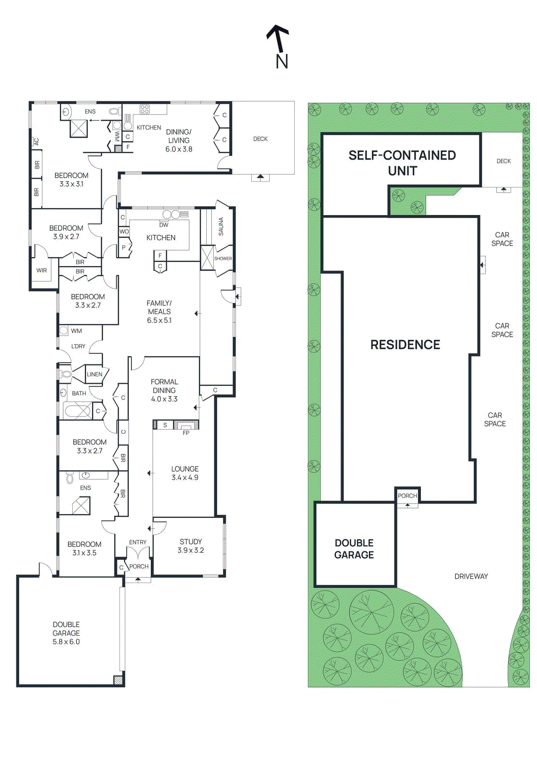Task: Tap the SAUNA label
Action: tap(221, 226)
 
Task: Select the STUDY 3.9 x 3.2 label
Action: tap(191, 546)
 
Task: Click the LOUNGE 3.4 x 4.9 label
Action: tap(185, 473)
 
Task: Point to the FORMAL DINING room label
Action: tap(164, 390)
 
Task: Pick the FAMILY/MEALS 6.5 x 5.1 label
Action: tap(159, 312)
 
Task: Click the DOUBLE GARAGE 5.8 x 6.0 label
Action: tap(66, 633)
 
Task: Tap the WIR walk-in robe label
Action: tap(42, 270)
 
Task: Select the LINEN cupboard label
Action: tap(94, 374)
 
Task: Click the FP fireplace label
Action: tap(186, 433)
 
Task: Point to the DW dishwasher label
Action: tap(164, 225)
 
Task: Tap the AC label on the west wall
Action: tap(36, 142)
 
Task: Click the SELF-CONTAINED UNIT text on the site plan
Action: tap(402, 163)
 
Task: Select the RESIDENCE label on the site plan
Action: tap(405, 345)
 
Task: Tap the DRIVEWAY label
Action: tap(471, 576)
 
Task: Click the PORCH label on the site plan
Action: tap(407, 496)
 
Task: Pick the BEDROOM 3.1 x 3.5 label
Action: tap(84, 548)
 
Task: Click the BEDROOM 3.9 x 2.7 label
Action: tap(66, 232)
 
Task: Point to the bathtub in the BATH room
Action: tap(77, 412)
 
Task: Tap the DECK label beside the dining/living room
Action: tap(261, 139)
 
